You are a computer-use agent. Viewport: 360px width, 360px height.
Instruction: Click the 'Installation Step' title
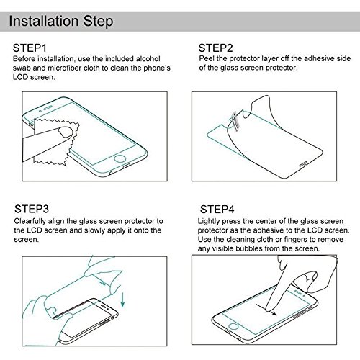tap(61, 22)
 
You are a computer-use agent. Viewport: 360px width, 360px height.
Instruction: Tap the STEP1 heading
tap(30, 48)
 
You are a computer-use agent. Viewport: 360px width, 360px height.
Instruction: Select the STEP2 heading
tap(215, 48)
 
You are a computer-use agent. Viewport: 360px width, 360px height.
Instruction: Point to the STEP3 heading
tap(32, 209)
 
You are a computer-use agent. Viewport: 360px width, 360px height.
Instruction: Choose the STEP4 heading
tap(217, 210)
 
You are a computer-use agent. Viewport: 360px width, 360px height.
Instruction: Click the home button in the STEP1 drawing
tap(120, 158)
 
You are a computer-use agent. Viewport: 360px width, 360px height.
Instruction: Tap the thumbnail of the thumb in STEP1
tap(66, 132)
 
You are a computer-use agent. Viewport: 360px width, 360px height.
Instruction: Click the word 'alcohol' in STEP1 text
tap(148, 59)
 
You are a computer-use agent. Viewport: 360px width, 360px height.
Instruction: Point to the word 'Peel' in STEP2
tap(207, 58)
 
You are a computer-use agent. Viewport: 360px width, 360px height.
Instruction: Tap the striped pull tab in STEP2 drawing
tap(235, 121)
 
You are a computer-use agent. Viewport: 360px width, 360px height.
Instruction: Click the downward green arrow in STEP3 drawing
tap(123, 300)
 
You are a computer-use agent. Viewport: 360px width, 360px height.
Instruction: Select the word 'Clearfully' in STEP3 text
tap(30, 221)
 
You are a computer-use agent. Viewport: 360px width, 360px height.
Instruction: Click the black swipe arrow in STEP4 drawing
tap(266, 310)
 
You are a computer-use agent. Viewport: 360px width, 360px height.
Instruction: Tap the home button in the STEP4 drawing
tap(233, 326)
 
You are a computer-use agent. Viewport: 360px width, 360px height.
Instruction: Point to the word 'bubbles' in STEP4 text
tap(248, 248)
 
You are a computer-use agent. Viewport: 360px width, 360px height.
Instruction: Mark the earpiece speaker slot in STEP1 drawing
tap(48, 107)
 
